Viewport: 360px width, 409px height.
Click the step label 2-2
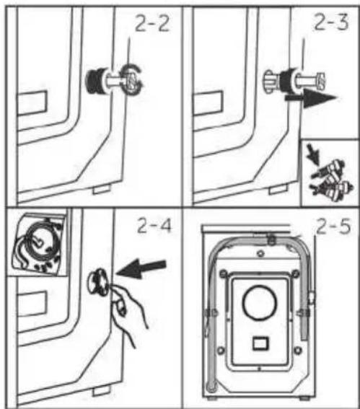tap(152, 23)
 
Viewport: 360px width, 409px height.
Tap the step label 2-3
tap(331, 22)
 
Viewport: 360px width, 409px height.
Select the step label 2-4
tap(154, 225)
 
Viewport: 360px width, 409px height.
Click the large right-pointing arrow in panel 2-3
tap(312, 98)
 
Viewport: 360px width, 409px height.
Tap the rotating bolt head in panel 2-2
tap(132, 79)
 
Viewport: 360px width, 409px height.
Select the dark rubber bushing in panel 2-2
tap(95, 80)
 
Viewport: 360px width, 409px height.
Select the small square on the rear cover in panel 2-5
tap(260, 343)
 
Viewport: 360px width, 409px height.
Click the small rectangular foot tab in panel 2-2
tap(102, 188)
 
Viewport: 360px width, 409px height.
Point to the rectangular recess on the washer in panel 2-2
tap(32, 103)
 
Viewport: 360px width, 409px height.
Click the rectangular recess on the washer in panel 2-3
tap(208, 103)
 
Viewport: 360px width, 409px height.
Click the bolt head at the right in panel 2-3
tap(320, 81)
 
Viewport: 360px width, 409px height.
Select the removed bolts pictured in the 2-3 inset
tap(332, 180)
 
